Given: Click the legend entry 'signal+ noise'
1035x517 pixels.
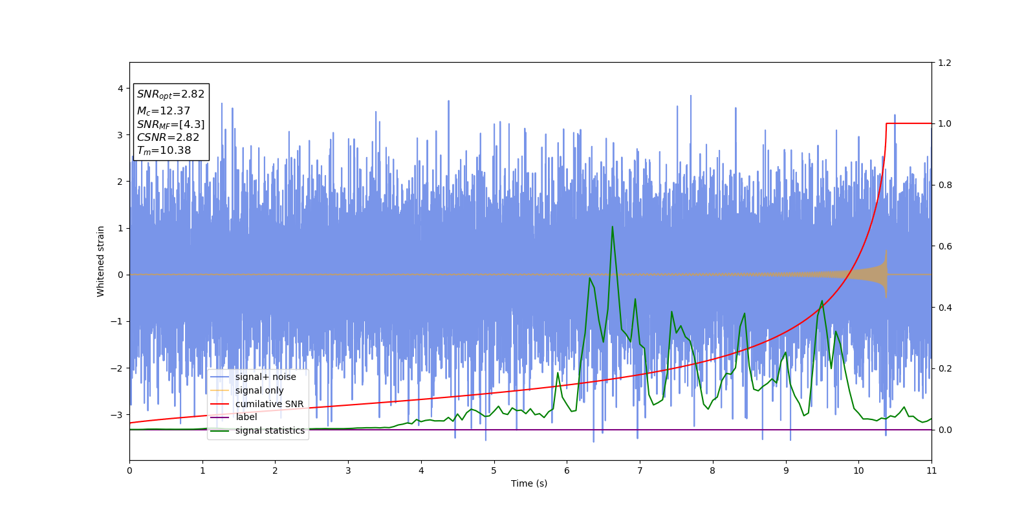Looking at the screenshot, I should pos(265,377).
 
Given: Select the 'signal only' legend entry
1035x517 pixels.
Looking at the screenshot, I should pos(259,390).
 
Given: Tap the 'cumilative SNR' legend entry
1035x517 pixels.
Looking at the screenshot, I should pos(269,404).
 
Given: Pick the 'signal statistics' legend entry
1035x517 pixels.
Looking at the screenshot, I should pos(270,430).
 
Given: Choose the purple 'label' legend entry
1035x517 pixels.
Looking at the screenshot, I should pos(246,417).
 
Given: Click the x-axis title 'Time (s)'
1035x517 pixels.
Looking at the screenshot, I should pos(529,483).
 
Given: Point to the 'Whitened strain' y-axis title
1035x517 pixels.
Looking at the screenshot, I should pos(101,261).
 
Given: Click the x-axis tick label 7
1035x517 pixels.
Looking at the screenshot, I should pos(640,470).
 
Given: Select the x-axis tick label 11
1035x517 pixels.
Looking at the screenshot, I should pos(931,470).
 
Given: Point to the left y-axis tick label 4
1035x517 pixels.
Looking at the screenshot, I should pos(120,89).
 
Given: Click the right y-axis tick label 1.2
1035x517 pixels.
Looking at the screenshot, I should pos(945,63).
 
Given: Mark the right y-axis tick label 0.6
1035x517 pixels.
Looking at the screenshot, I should pos(945,246).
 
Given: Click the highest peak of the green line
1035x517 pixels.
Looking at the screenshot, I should pos(612,227).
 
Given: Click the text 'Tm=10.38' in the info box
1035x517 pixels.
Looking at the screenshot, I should pos(164,151).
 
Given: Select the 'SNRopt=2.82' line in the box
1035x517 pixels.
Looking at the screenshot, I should pos(170,94).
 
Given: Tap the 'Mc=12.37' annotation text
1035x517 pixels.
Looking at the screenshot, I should pos(163,111).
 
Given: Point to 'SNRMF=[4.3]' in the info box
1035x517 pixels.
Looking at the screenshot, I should pos(170,125).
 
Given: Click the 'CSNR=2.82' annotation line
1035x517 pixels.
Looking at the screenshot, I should pos(168,138).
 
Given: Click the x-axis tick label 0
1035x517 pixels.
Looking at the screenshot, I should pos(129,470).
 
